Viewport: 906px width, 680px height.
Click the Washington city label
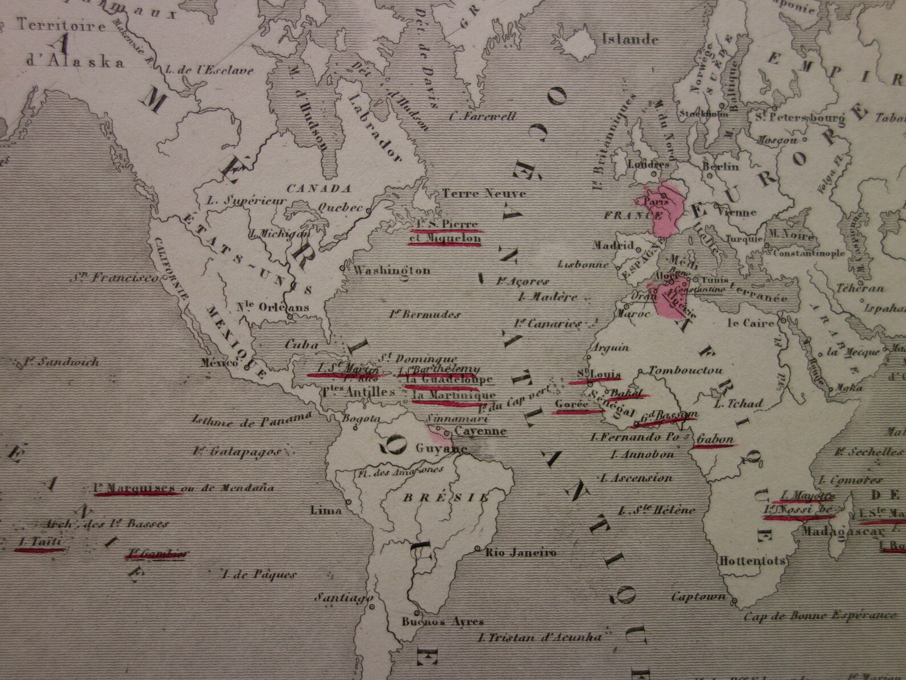392,270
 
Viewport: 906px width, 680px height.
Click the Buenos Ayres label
443,622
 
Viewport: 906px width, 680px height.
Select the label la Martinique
446,395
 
